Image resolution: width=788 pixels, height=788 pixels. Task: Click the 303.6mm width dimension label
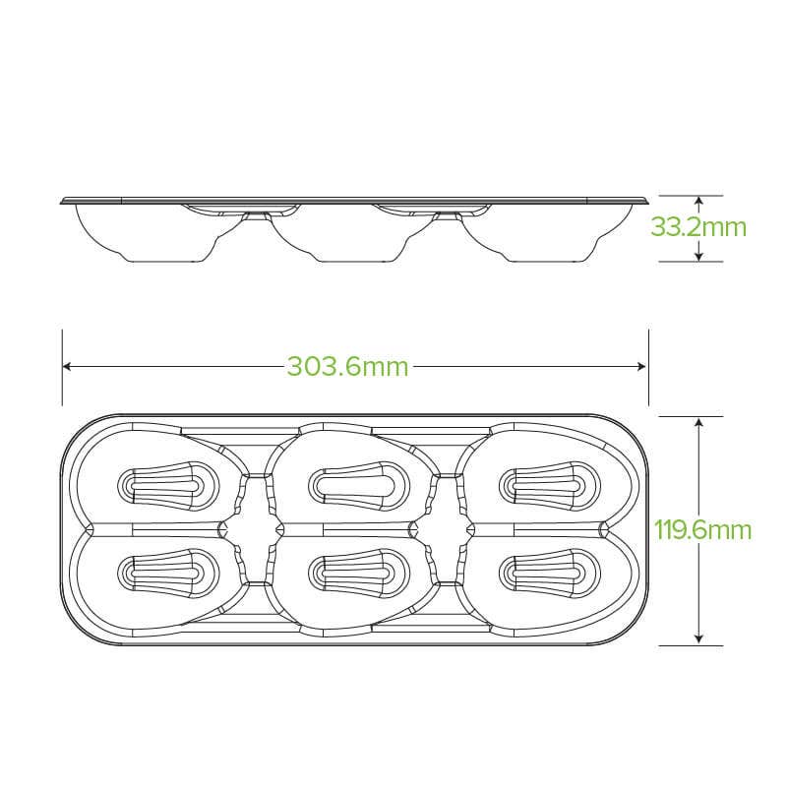pos(348,366)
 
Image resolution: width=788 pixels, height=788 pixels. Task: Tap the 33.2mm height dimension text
pos(698,227)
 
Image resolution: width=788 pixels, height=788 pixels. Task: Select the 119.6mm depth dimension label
pos(702,530)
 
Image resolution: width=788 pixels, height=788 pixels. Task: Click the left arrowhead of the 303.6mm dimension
pos(67,366)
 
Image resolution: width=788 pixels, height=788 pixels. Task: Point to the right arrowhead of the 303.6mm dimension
pos(641,366)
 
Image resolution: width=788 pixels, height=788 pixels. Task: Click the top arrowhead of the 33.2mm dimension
pos(698,201)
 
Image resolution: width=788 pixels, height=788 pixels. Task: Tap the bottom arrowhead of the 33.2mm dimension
pos(698,257)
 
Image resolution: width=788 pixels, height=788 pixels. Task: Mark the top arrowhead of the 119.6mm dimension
pos(698,422)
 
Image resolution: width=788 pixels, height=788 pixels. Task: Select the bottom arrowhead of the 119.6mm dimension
pos(698,639)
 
